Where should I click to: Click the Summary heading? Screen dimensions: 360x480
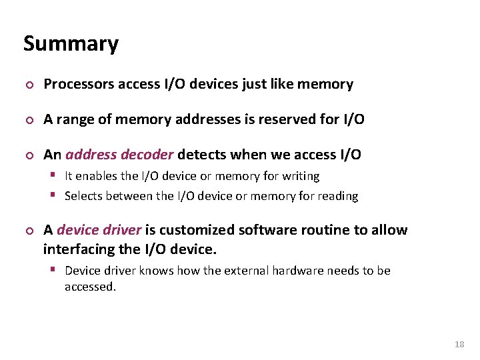71,44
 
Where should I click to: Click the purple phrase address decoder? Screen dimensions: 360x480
119,155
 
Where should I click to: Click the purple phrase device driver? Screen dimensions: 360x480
99,230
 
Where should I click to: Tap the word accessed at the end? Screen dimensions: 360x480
90,287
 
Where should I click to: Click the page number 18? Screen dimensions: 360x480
459,344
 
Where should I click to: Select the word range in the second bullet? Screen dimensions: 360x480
75,120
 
